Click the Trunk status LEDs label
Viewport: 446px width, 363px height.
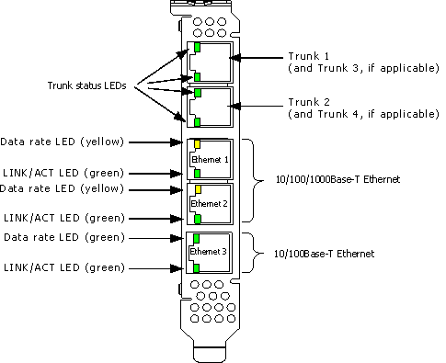tap(86, 85)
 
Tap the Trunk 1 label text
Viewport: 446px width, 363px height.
tap(309, 56)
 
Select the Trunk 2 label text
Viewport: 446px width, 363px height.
tap(309, 102)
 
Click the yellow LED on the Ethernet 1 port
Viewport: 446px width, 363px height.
tap(197, 144)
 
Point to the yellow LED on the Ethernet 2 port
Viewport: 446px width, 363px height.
tap(198, 189)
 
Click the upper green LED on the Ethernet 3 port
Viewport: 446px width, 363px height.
tap(197, 238)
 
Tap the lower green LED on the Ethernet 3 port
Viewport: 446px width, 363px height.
tap(197, 268)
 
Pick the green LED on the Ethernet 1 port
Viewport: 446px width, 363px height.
tap(198, 174)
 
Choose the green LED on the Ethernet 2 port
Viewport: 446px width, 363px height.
tap(198, 219)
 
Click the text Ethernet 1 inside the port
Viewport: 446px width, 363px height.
tap(210, 160)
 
